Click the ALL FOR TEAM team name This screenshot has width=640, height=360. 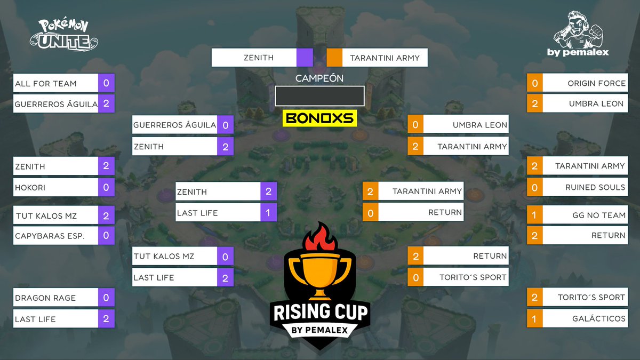(x=46, y=83)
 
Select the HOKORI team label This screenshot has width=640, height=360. (x=30, y=187)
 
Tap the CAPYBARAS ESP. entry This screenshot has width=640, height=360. (x=50, y=235)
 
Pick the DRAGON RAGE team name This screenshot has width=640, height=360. (x=45, y=298)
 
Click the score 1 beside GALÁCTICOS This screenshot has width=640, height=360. (x=534, y=318)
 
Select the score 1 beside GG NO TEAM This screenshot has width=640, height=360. (x=534, y=215)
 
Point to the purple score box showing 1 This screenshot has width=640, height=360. (x=268, y=213)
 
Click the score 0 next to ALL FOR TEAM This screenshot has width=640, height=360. (x=106, y=83)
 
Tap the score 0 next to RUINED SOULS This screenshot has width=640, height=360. (x=534, y=187)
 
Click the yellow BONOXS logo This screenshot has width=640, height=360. (x=319, y=118)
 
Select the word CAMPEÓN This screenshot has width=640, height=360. (x=319, y=78)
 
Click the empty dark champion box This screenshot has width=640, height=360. (x=319, y=96)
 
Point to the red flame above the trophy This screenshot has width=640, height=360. (x=319, y=237)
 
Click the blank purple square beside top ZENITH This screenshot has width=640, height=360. (x=305, y=58)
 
